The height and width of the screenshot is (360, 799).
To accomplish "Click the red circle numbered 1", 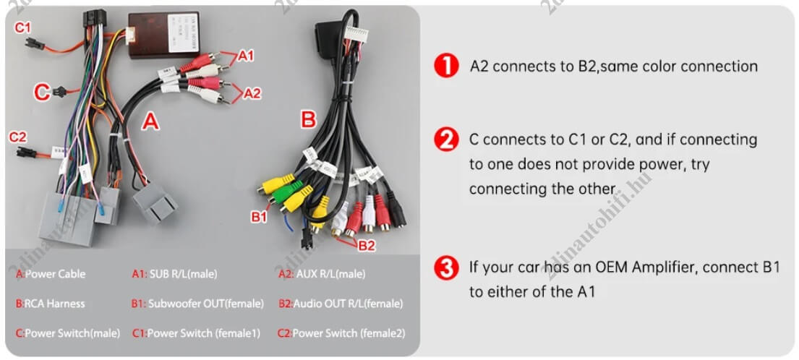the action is (x=446, y=67).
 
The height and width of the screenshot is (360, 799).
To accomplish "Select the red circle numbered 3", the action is (x=446, y=268).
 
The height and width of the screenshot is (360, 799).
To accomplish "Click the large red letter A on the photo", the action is (x=150, y=121).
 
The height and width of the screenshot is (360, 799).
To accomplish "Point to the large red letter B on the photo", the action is (x=309, y=120).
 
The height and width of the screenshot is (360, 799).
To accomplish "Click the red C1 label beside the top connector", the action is (x=22, y=28).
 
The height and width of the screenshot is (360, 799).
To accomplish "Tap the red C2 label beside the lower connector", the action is (x=18, y=137).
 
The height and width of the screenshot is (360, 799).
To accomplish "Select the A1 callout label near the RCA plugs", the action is (x=246, y=56).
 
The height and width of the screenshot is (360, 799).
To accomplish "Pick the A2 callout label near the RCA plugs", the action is (x=252, y=93).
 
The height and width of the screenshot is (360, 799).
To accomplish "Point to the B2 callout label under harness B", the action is (x=367, y=246).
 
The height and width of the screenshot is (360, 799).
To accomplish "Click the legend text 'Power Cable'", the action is (x=55, y=274).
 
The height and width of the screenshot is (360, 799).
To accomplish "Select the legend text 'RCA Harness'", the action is (x=54, y=304).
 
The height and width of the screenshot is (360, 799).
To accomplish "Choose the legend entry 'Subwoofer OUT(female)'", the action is (x=206, y=304).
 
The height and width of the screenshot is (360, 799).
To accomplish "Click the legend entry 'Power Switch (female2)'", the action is (x=349, y=333).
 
